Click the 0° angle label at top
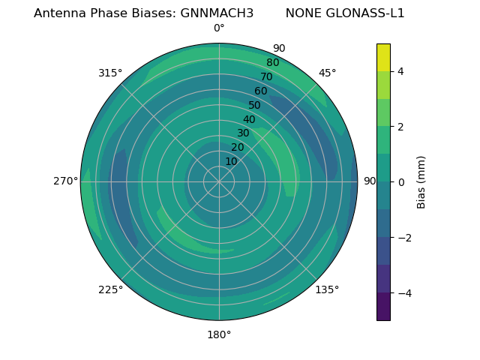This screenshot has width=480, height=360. click(219, 28)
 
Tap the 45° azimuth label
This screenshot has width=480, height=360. click(327, 73)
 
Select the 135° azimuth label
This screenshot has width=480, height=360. click(327, 289)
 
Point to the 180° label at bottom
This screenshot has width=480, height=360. click(219, 334)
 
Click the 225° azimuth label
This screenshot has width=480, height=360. click(110, 289)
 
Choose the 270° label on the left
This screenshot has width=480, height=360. click(65, 181)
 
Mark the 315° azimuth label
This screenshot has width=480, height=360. click(110, 73)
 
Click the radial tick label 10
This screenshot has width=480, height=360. click(231, 162)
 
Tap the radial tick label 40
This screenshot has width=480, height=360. click(249, 119)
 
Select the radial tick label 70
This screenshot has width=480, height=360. click(266, 76)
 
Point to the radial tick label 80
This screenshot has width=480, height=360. click(272, 62)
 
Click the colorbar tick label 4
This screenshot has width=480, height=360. click(400, 71)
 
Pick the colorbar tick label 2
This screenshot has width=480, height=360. click(400, 127)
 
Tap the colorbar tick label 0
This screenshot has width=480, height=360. click(400, 182)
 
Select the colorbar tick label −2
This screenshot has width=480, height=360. click(403, 238)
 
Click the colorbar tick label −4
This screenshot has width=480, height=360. click(403, 293)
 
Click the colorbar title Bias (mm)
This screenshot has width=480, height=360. click(421, 182)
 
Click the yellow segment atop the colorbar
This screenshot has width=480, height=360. click(383, 58)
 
